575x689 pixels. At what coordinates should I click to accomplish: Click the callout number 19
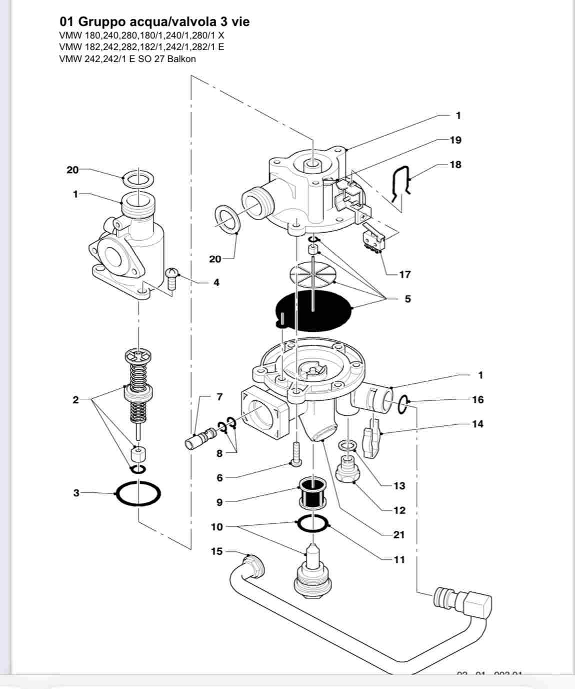coord(455,140)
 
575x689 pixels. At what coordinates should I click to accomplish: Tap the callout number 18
coord(455,165)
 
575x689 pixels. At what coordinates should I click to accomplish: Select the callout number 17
coord(404,274)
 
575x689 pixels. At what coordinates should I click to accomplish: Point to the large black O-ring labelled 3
coord(138,494)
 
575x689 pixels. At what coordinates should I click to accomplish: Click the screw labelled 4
coord(171,278)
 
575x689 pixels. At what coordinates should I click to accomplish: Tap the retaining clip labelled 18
coord(401,187)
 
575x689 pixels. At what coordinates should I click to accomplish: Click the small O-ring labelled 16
coord(403,405)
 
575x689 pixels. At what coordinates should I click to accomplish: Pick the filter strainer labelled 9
coord(312,492)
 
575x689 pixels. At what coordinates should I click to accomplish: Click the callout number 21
coord(398,535)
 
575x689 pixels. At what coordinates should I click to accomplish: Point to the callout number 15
coord(216,551)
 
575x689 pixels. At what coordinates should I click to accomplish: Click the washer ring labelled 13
coord(347,445)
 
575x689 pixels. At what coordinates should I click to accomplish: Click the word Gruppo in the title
coord(102,22)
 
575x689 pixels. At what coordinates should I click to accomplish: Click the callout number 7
coord(219,397)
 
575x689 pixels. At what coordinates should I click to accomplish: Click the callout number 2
coord(75,400)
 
